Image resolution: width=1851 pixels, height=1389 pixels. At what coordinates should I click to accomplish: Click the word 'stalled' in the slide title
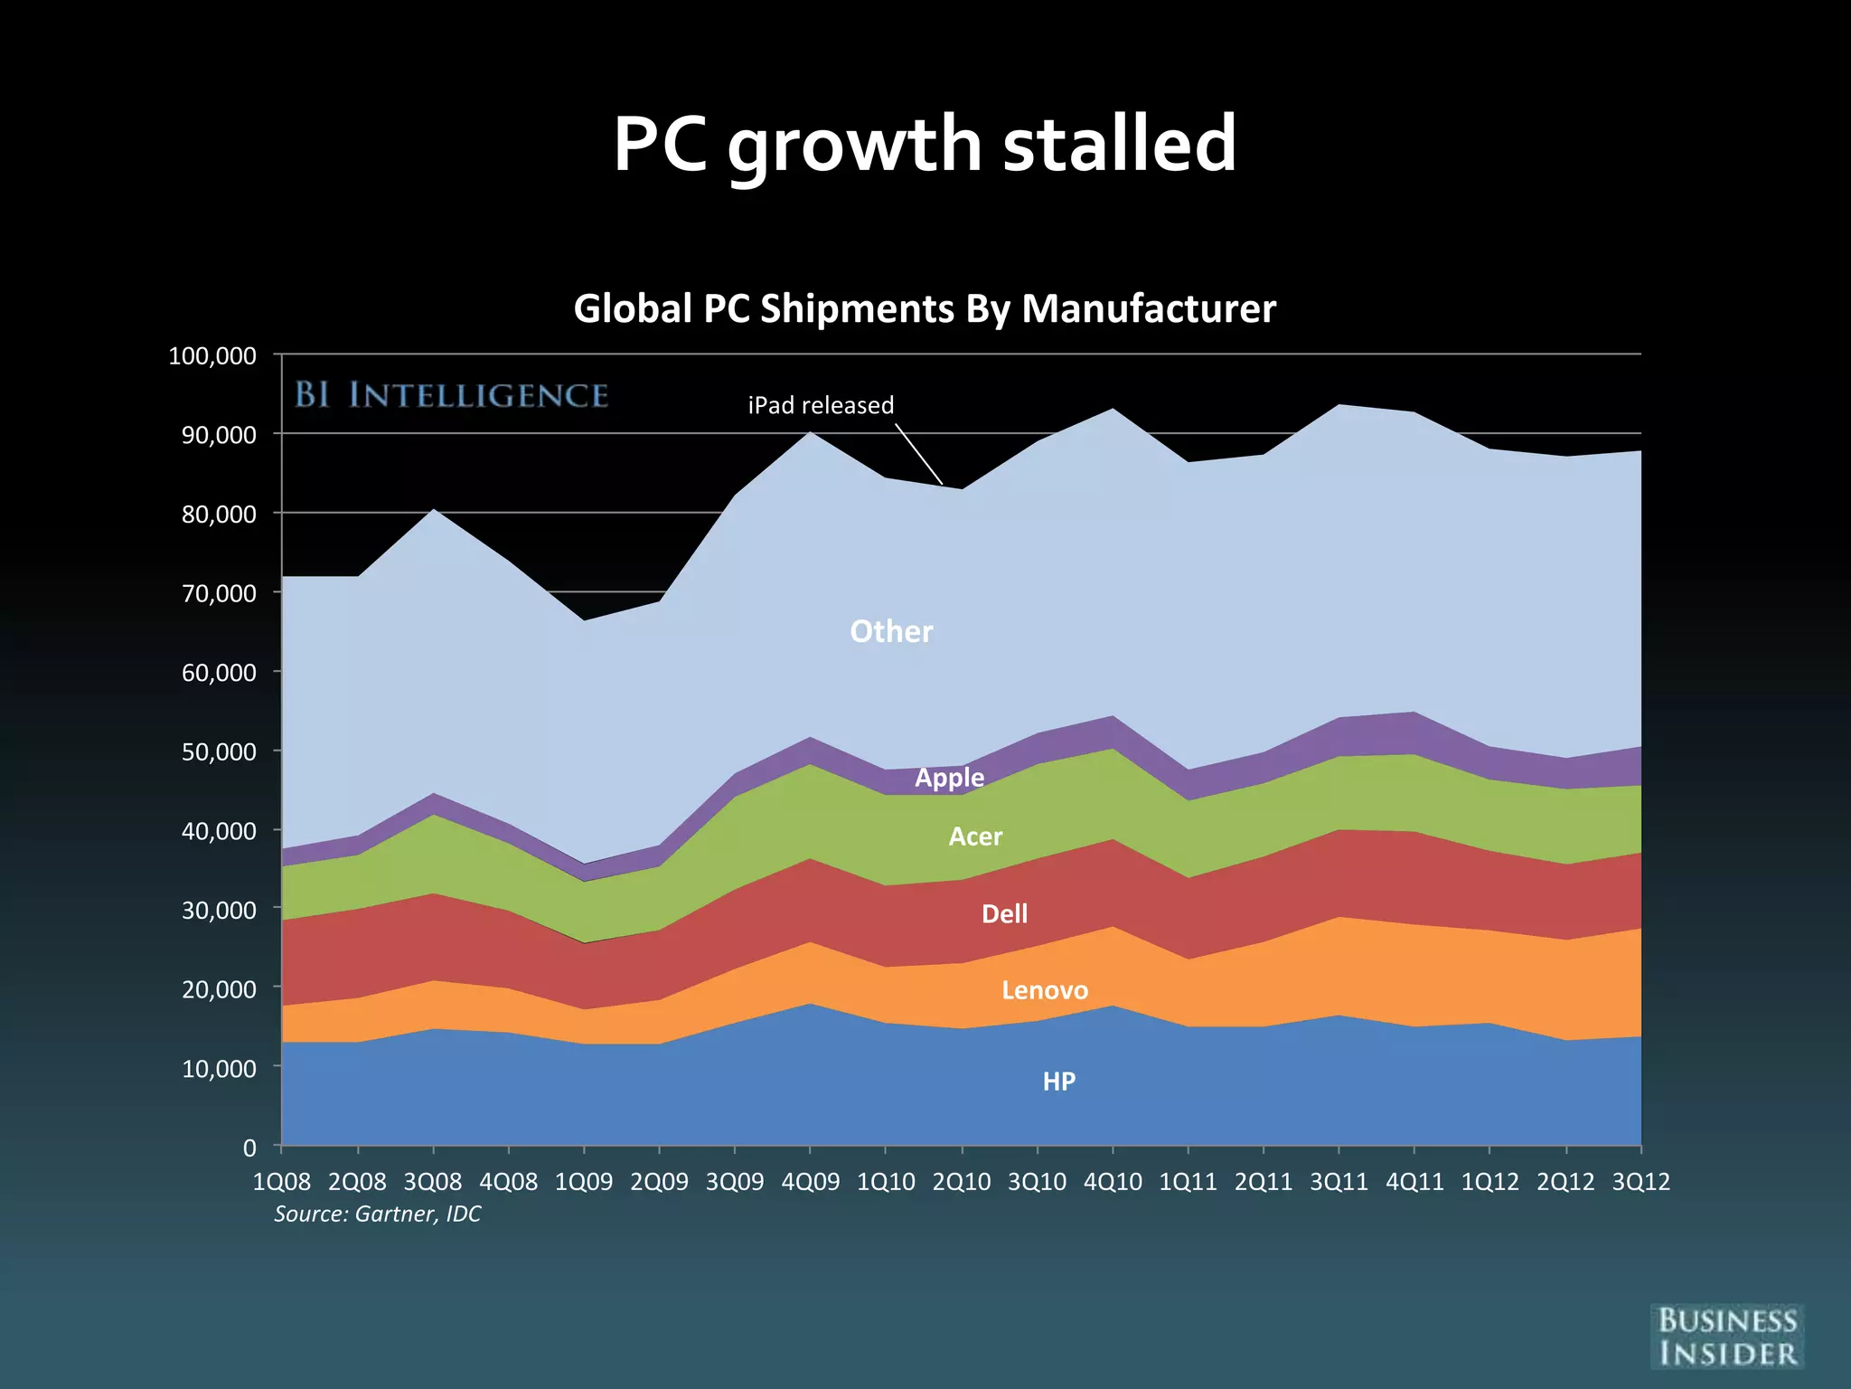(1119, 145)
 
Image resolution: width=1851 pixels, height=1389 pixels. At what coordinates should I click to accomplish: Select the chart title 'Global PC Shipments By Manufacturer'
(925, 308)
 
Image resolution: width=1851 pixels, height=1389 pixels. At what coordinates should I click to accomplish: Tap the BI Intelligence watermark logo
(451, 395)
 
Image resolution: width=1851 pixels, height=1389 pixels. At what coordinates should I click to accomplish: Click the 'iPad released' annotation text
(821, 405)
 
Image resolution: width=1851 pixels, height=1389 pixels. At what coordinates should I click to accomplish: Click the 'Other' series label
(891, 631)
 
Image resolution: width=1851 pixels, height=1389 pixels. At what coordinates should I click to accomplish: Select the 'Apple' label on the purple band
(949, 778)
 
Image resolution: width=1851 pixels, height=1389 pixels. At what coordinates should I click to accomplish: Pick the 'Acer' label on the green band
(975, 836)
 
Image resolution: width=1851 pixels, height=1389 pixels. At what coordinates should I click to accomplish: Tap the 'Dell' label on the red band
(1004, 913)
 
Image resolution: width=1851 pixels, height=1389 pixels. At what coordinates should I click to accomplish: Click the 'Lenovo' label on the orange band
(1045, 990)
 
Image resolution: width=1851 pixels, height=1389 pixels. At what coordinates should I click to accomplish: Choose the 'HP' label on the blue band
(1058, 1081)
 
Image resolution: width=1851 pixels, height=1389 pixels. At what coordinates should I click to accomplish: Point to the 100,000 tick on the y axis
(212, 355)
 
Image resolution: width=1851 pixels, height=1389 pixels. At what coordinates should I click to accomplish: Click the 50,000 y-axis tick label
(219, 751)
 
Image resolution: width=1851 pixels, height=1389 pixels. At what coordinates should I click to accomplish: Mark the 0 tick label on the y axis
(249, 1148)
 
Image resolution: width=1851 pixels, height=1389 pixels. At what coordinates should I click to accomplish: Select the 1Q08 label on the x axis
(281, 1181)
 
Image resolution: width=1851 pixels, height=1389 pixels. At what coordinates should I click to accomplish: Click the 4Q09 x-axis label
(810, 1181)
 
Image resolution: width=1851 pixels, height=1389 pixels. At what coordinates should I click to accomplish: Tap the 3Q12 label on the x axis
(1640, 1181)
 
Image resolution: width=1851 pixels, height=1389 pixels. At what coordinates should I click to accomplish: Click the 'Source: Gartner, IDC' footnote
(377, 1214)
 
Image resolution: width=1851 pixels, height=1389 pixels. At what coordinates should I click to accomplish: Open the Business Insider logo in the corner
(1727, 1337)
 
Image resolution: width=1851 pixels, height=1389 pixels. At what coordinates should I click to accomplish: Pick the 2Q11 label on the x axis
(1264, 1181)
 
